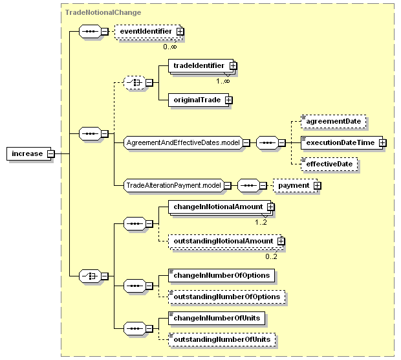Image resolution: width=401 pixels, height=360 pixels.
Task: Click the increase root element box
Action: [28, 153]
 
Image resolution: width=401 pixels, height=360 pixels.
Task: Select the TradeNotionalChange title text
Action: [103, 12]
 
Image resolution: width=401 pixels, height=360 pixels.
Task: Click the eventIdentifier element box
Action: [148, 32]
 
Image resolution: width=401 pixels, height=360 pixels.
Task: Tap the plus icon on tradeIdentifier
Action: [233, 66]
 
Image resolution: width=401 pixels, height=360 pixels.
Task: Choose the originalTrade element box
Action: [199, 100]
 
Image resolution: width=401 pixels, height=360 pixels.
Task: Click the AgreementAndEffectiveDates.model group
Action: [183, 142]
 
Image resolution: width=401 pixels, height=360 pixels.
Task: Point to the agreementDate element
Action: [334, 121]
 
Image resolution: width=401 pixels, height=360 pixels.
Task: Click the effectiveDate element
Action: [329, 164]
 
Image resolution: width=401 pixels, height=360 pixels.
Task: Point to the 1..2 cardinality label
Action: [261, 222]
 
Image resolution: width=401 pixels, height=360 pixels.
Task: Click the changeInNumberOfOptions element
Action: [221, 276]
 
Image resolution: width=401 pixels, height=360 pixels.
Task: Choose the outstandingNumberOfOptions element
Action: [227, 297]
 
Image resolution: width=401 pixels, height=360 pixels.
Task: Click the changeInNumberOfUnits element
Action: [217, 319]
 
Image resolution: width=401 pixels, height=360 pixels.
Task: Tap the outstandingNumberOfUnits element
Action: [222, 340]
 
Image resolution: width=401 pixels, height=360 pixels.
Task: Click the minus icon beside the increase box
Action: [51, 154]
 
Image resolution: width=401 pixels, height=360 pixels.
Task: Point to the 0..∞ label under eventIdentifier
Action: [170, 47]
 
